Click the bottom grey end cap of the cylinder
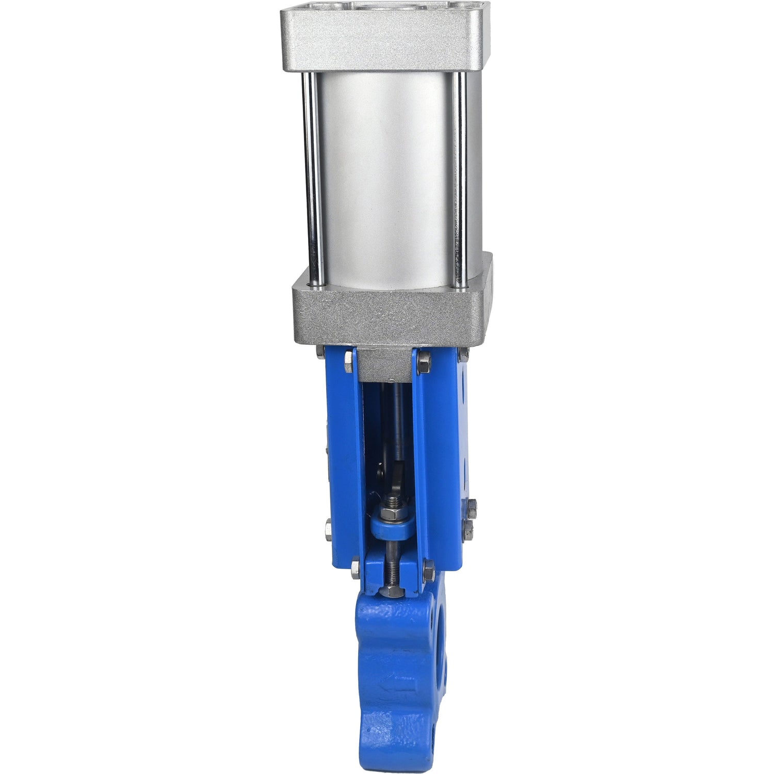[x=390, y=315]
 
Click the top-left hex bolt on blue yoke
[x=349, y=361]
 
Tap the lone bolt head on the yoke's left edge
[x=329, y=530]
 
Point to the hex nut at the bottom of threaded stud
[x=392, y=589]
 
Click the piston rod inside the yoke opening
[x=399, y=418]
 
